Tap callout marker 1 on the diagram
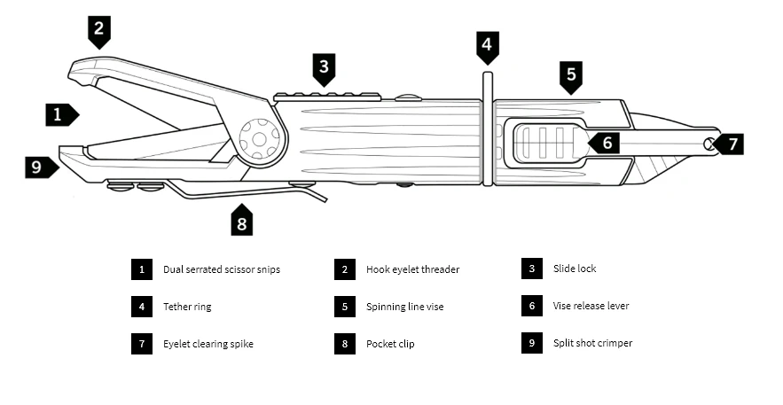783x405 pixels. tap(60, 113)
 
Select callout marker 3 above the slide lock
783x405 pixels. tap(325, 66)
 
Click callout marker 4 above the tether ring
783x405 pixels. tap(487, 45)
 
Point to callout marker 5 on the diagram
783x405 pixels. tap(571, 74)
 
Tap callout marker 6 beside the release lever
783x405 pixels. tap(606, 142)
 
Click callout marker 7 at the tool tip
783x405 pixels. tap(731, 143)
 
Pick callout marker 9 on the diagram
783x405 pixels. tap(39, 166)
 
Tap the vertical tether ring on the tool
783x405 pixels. tap(487, 129)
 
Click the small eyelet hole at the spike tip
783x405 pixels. tap(709, 144)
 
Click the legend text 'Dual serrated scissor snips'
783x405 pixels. tap(221, 269)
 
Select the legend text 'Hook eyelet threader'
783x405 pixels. tap(412, 269)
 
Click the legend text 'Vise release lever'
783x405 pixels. tap(591, 306)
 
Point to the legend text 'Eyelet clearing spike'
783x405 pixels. tap(207, 344)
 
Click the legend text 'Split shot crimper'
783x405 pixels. tap(592, 343)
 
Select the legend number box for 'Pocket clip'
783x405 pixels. tap(345, 344)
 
